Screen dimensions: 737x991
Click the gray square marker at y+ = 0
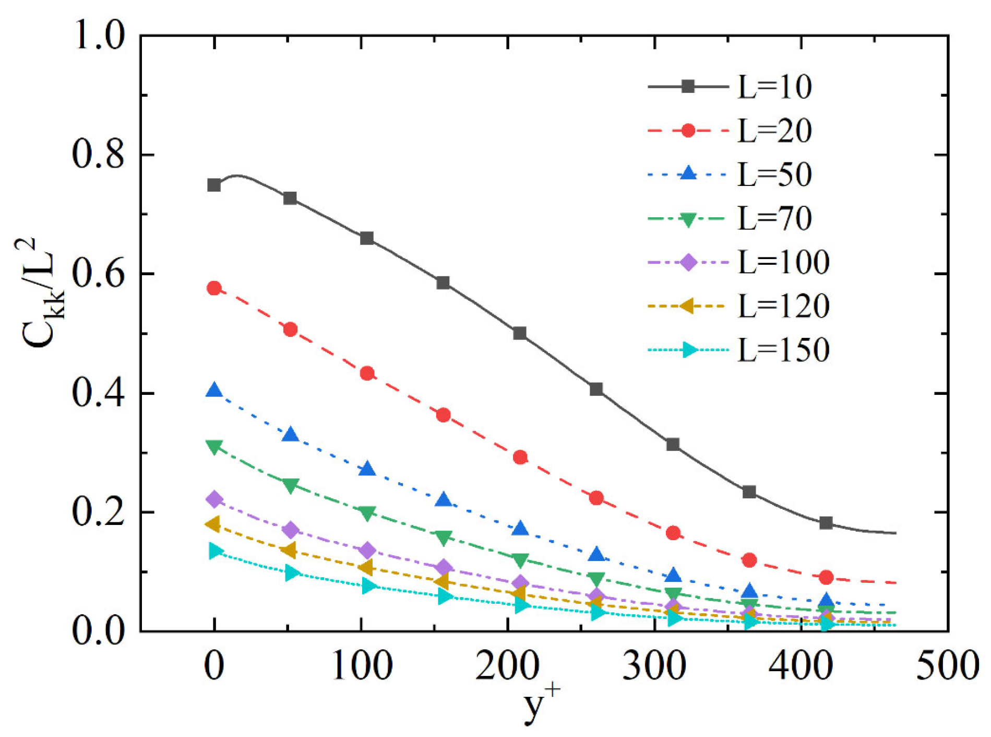[214, 185]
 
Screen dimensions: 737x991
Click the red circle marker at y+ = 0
[214, 288]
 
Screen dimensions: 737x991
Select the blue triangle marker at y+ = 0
[214, 390]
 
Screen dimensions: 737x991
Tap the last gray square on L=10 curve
[826, 523]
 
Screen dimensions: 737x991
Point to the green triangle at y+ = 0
[214, 447]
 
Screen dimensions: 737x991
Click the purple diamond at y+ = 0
[214, 499]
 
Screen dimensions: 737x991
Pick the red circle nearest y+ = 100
[367, 373]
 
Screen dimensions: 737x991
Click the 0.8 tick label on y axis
[98, 155]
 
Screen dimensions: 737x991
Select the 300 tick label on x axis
[654, 665]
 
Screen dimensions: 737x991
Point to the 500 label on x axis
[947, 665]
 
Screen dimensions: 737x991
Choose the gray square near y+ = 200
[519, 333]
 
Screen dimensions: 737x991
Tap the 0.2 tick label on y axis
[98, 512]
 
